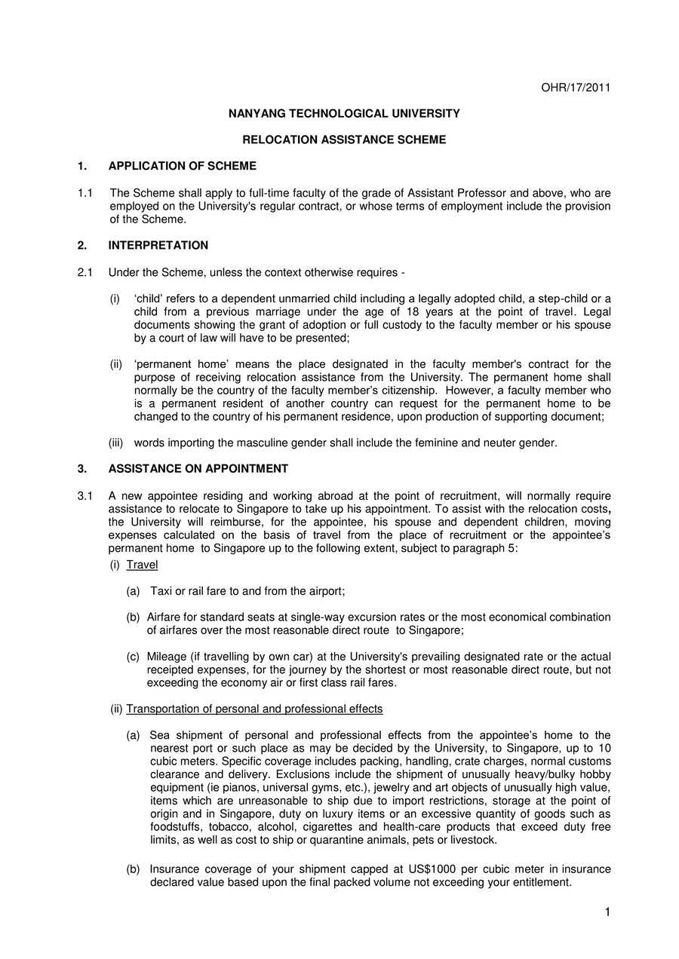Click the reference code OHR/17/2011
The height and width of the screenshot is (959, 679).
pyautogui.click(x=576, y=87)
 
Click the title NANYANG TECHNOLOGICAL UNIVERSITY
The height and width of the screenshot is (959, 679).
pyautogui.click(x=344, y=113)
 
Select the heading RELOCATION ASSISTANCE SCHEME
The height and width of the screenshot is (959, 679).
pyautogui.click(x=344, y=139)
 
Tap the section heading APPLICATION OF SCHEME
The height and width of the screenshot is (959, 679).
pyautogui.click(x=183, y=166)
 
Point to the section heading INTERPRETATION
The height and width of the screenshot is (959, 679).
pyautogui.click(x=158, y=245)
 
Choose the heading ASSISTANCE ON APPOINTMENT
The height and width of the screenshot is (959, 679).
pyautogui.click(x=198, y=468)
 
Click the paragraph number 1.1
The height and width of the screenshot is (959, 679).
pyautogui.click(x=85, y=193)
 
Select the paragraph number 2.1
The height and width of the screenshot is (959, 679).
pyautogui.click(x=85, y=271)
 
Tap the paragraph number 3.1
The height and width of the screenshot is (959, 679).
pyautogui.click(x=85, y=495)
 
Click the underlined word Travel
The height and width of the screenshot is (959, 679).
pyautogui.click(x=142, y=564)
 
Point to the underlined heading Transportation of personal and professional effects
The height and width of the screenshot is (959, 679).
pyautogui.click(x=254, y=709)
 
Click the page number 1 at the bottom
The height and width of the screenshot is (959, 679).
pyautogui.click(x=607, y=913)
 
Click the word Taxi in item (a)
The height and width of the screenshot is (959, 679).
pyautogui.click(x=162, y=591)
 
